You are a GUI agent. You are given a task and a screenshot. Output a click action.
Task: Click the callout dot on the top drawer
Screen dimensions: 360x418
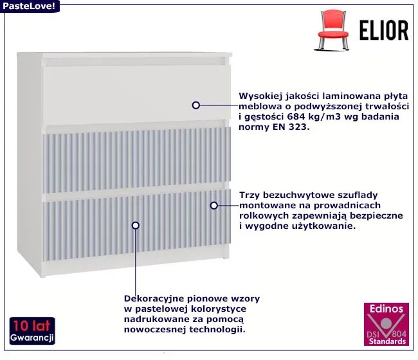tap(195, 104)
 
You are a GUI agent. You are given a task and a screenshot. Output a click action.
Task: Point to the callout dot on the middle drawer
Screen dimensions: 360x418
tap(214, 205)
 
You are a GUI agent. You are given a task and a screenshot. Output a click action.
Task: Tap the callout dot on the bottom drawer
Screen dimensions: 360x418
tap(135, 225)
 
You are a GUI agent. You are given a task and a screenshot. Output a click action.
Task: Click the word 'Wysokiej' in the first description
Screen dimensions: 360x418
tap(260, 93)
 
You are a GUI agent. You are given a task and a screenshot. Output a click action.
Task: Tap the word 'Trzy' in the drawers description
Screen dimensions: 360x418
tap(250, 194)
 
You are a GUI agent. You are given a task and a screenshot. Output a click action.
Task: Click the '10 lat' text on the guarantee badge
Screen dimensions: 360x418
tap(33, 325)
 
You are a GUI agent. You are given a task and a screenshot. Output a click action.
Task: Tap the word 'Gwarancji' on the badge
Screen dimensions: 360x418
tap(33, 337)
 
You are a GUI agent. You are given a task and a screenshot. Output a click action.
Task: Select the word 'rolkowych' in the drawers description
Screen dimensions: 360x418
tap(260, 215)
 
